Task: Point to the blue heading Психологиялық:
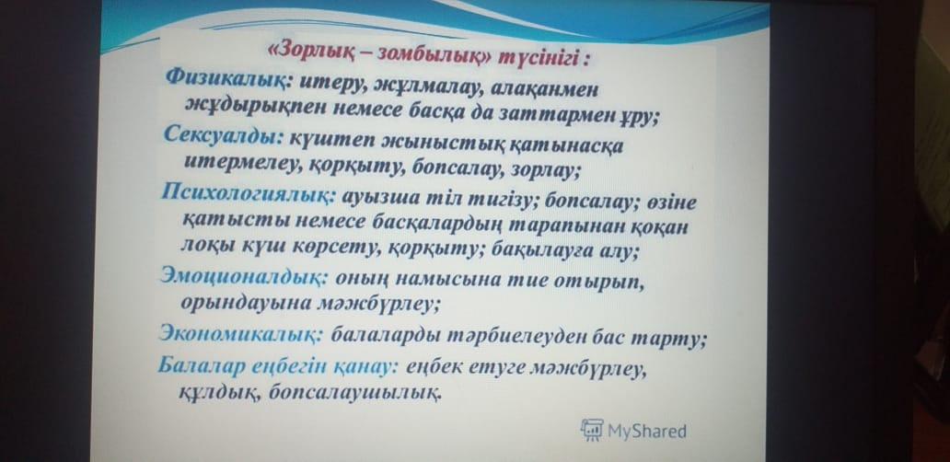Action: [x=249, y=197]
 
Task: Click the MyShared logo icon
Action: [x=591, y=430]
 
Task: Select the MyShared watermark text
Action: [x=646, y=431]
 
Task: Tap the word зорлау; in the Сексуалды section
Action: [x=545, y=172]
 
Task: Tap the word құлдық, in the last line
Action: [x=220, y=394]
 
